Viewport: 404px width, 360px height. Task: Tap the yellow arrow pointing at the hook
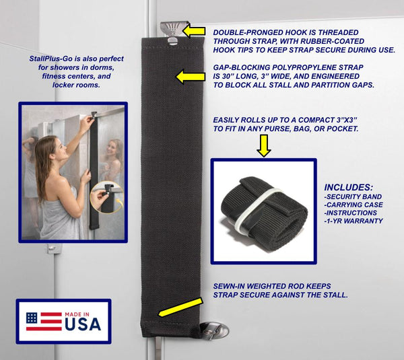pyautogui.click(x=195, y=31)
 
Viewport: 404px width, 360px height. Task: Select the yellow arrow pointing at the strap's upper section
pyautogui.click(x=189, y=77)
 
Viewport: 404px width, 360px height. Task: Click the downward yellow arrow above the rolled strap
pyautogui.click(x=263, y=146)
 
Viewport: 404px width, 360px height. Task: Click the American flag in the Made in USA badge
pyautogui.click(x=42, y=322)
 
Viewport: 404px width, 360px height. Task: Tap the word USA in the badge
pyautogui.click(x=83, y=324)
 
